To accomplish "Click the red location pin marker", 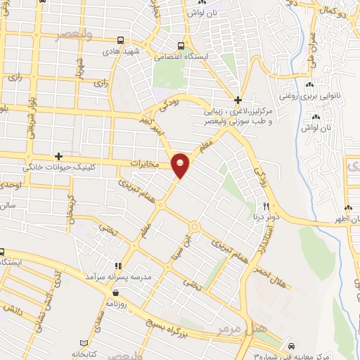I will [x=181, y=165].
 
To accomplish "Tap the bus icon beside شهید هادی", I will [x=122, y=40].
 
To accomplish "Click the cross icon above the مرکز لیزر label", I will [x=238, y=100].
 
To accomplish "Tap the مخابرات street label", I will [x=146, y=163].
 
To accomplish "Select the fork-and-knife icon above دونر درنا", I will [x=266, y=206].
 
